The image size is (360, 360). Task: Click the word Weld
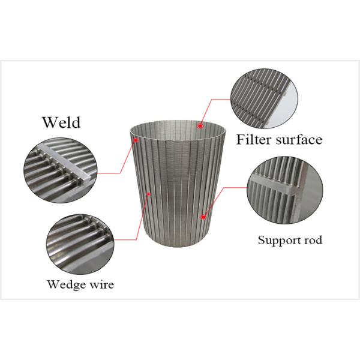(x=61, y=122)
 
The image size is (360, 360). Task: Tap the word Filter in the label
(x=254, y=140)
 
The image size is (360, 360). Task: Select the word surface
(x=298, y=140)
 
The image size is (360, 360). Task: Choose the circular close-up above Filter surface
(x=265, y=99)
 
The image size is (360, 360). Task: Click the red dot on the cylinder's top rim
(x=200, y=126)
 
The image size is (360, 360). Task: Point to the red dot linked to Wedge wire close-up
(x=148, y=193)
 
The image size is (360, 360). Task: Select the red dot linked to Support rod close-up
(x=205, y=215)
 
